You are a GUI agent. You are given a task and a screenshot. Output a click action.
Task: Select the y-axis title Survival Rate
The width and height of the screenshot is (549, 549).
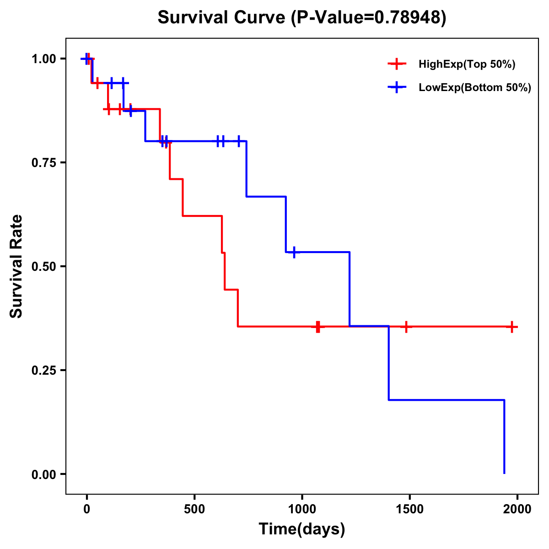click(16, 266)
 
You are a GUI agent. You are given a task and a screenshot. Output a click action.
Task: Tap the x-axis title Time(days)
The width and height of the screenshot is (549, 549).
click(302, 529)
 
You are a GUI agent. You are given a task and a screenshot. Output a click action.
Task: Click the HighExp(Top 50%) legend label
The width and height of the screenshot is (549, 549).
click(467, 65)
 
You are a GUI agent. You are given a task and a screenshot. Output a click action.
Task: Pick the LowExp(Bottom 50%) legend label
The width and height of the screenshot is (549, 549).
click(475, 88)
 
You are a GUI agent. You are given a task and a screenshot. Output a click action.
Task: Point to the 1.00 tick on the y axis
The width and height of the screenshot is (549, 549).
click(45, 59)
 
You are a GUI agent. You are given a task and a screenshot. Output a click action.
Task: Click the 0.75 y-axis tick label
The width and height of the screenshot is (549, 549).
click(45, 163)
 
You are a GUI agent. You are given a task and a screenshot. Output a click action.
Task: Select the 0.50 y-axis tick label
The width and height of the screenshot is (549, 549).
click(45, 267)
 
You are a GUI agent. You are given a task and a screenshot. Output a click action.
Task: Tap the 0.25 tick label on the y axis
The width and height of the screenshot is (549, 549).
click(45, 371)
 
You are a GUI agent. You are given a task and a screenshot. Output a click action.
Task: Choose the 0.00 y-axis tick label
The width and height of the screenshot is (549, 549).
click(45, 474)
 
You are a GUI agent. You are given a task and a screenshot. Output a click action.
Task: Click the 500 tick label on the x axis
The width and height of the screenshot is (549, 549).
click(194, 509)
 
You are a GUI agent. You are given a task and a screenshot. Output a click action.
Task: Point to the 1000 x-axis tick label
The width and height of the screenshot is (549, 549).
click(302, 509)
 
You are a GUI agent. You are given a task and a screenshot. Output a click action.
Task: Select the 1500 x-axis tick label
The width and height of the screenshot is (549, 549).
click(409, 509)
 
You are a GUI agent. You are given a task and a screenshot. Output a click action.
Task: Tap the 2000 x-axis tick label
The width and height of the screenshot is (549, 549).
click(517, 509)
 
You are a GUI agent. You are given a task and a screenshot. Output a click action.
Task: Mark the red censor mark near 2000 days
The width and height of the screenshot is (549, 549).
click(512, 327)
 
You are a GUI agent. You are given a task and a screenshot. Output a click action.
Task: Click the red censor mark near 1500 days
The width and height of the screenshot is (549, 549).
click(406, 327)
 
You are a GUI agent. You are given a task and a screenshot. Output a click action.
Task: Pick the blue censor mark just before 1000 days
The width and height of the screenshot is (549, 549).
click(294, 252)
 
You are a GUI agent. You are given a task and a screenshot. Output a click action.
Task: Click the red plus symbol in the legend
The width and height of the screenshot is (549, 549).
click(397, 65)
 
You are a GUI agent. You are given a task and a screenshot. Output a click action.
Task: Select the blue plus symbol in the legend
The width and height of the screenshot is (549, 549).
click(397, 88)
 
